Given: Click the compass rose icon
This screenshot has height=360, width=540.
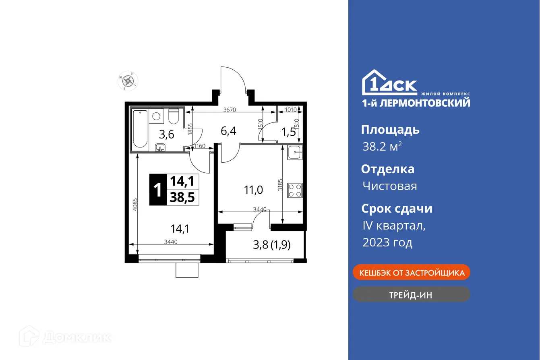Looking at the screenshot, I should point(128,81).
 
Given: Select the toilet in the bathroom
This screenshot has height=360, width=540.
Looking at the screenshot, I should point(174,116).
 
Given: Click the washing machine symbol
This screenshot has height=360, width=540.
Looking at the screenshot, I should point(156,116).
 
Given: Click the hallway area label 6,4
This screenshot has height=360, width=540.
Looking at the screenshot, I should point(228,130).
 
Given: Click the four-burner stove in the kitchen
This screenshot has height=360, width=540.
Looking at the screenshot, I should point(295,190).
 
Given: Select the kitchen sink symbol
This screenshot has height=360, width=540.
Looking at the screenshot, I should point(295,152).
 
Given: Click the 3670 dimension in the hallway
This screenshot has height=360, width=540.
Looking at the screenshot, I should point(230,110).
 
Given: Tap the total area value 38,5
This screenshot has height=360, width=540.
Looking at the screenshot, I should point(182,197).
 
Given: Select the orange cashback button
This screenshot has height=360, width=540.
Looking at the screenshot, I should point(411,273).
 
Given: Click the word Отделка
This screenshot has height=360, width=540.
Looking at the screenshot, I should point(387,169).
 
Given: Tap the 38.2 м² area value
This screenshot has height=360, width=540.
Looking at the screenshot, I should point(382,147).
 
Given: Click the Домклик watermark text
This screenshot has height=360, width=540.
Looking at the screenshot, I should point(77,337).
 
